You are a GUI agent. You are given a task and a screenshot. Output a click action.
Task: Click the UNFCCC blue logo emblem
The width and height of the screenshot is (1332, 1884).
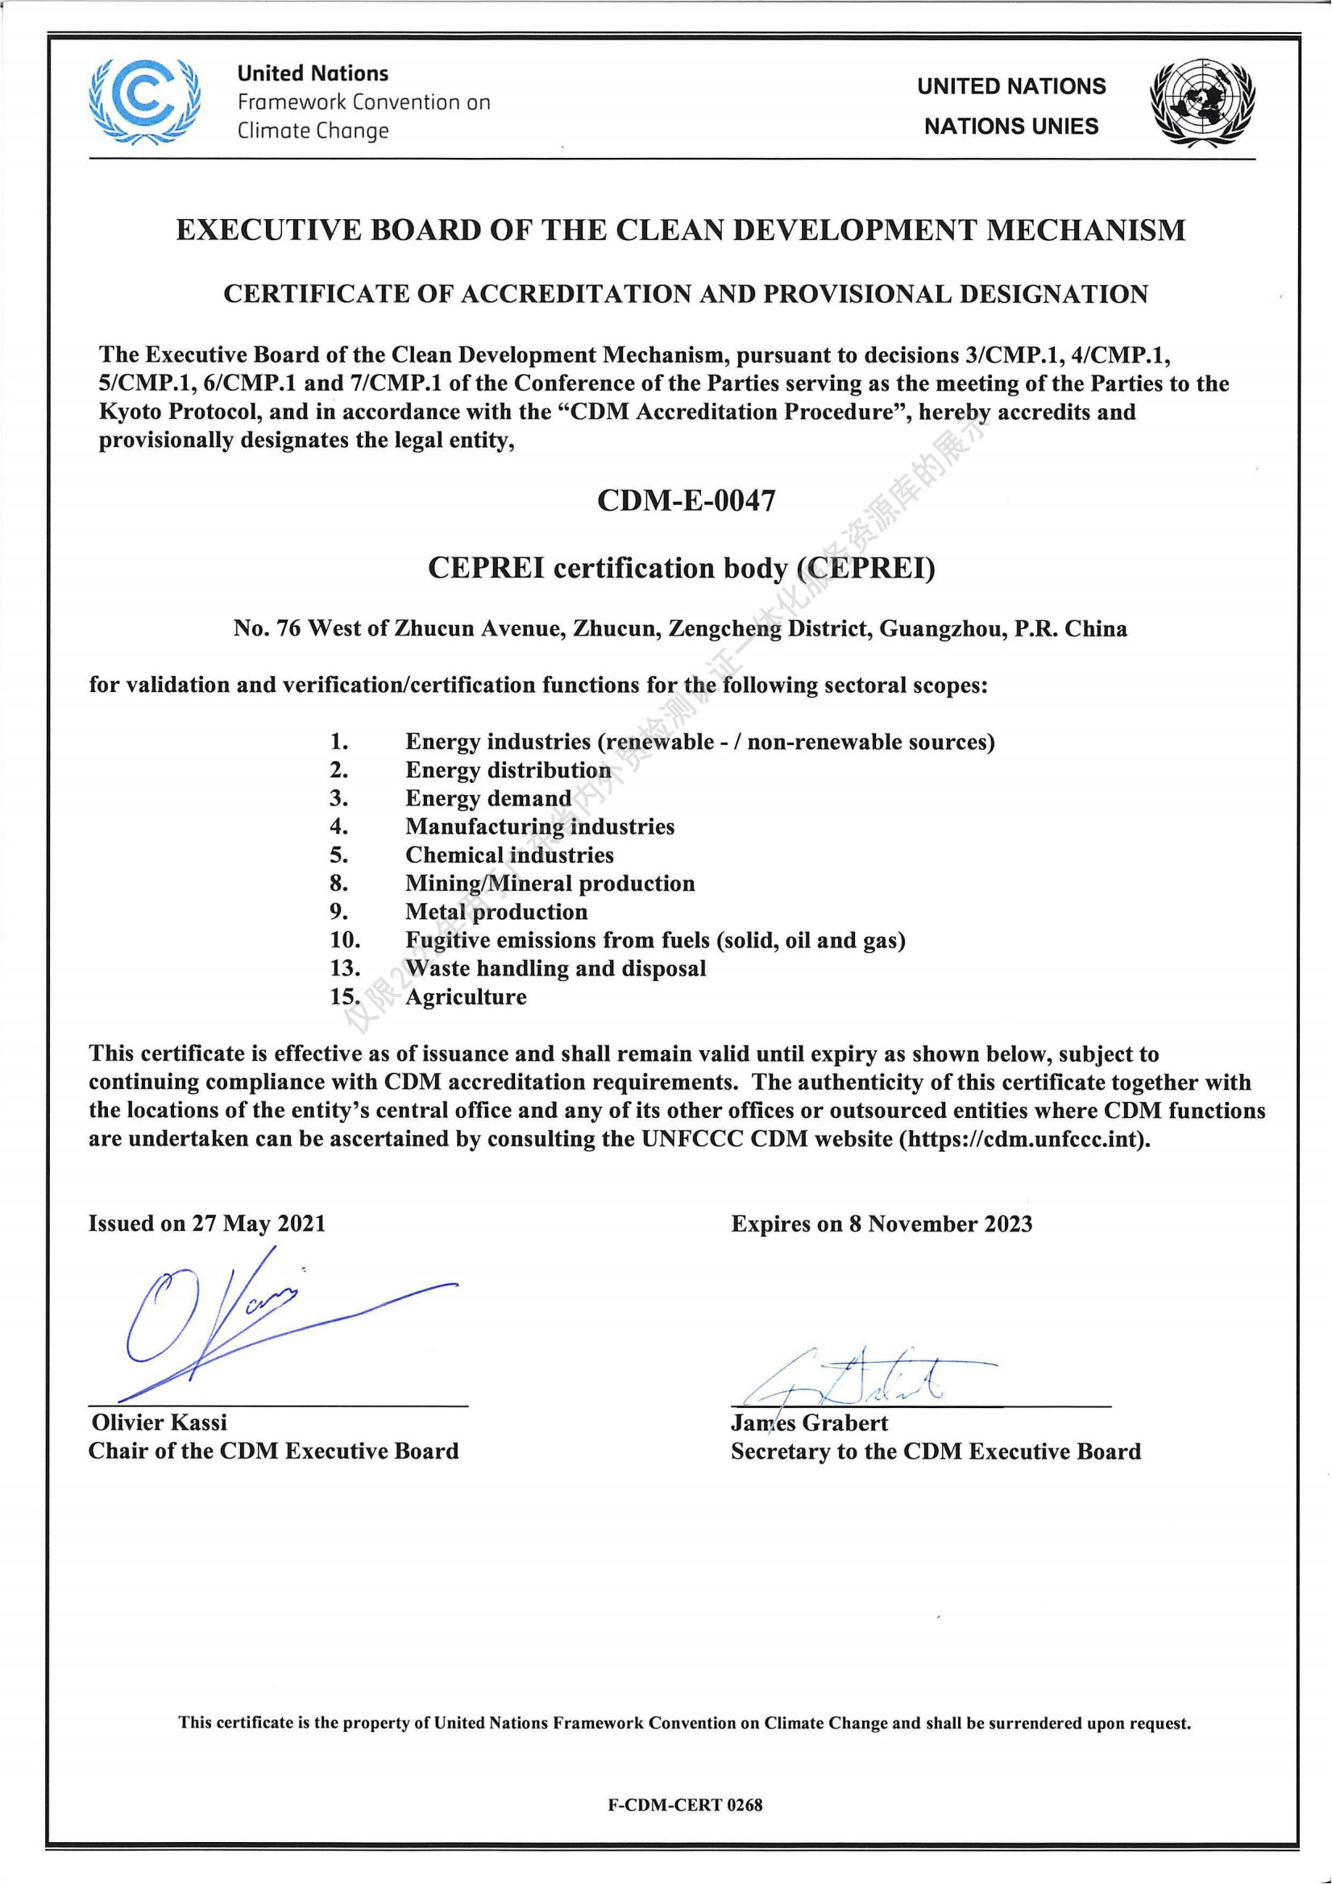pyautogui.click(x=144, y=101)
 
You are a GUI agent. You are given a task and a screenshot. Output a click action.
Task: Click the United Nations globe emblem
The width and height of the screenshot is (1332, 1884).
pyautogui.click(x=1202, y=103)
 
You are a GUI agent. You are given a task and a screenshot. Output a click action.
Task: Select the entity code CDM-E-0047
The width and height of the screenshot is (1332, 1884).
pyautogui.click(x=686, y=499)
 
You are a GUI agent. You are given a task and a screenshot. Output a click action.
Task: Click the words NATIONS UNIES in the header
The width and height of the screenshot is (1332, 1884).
pyautogui.click(x=1011, y=126)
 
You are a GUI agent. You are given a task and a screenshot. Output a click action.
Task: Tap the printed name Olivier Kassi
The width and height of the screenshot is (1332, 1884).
pyautogui.click(x=160, y=1422)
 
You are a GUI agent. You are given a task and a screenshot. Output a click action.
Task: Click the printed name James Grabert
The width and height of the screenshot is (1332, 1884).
pyautogui.click(x=809, y=1422)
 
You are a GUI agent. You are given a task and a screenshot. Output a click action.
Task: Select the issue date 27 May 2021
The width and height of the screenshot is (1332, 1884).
pyautogui.click(x=259, y=1224)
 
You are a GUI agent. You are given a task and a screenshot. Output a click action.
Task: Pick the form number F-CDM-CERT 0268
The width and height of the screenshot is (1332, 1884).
pyautogui.click(x=685, y=1805)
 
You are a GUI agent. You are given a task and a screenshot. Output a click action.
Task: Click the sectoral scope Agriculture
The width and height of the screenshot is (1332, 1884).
pyautogui.click(x=465, y=997)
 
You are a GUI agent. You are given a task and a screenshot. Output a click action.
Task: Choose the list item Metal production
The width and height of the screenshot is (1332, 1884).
pyautogui.click(x=496, y=912)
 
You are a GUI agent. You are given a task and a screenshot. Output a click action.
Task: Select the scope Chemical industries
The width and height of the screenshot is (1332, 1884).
pyautogui.click(x=508, y=855)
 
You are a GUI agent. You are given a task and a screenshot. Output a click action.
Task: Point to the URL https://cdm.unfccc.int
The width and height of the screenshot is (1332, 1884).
pyautogui.click(x=1023, y=1139)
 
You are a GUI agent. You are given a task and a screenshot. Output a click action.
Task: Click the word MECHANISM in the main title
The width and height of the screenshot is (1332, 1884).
pyautogui.click(x=1085, y=230)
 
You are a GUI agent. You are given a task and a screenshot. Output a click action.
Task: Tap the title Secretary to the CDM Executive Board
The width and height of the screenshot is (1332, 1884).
pyautogui.click(x=936, y=1451)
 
